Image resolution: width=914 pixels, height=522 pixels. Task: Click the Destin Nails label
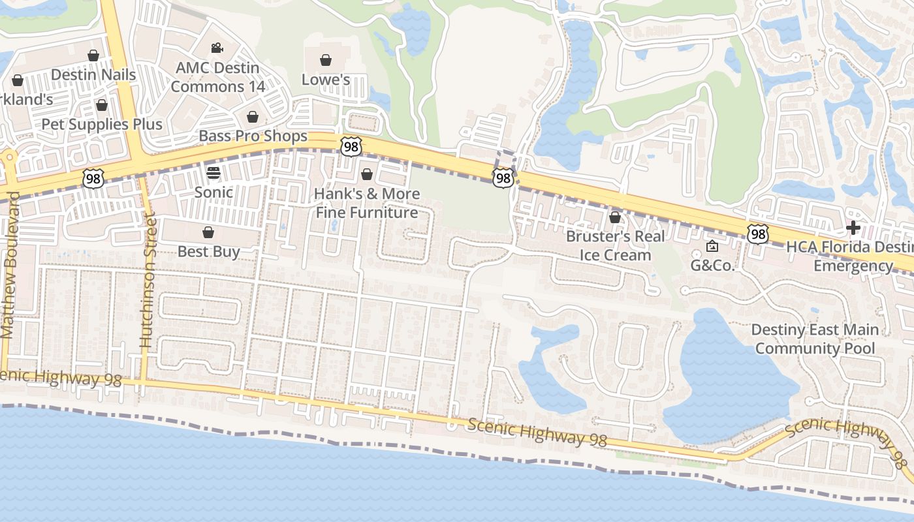pyautogui.click(x=93, y=75)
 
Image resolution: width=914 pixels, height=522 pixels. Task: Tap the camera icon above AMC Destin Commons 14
pyautogui.click(x=217, y=48)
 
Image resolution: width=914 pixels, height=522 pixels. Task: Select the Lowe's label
pyautogui.click(x=326, y=80)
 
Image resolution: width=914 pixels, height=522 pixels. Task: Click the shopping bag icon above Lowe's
pyautogui.click(x=326, y=60)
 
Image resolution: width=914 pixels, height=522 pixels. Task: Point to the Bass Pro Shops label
pyautogui.click(x=253, y=136)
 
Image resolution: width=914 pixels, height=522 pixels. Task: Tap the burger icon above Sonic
pyautogui.click(x=213, y=173)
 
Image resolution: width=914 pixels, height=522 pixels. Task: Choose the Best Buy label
pyautogui.click(x=209, y=251)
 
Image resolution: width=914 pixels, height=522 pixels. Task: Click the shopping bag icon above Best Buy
pyautogui.click(x=208, y=232)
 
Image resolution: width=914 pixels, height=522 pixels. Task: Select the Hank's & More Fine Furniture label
pyautogui.click(x=366, y=203)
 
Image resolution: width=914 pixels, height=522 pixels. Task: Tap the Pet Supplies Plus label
pyautogui.click(x=102, y=124)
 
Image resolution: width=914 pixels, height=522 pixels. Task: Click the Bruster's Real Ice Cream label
pyautogui.click(x=615, y=245)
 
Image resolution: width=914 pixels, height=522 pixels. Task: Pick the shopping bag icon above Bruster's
pyautogui.click(x=614, y=217)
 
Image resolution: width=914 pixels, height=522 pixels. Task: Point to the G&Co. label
pyautogui.click(x=712, y=266)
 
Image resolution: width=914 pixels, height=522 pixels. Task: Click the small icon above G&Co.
pyautogui.click(x=712, y=247)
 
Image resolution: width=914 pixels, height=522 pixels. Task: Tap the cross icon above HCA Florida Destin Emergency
pyautogui.click(x=853, y=228)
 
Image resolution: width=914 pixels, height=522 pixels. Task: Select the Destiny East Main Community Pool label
pyautogui.click(x=815, y=339)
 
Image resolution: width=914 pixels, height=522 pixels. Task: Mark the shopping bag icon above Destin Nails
pyautogui.click(x=93, y=55)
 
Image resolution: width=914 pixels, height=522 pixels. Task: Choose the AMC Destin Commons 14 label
pyautogui.click(x=218, y=77)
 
